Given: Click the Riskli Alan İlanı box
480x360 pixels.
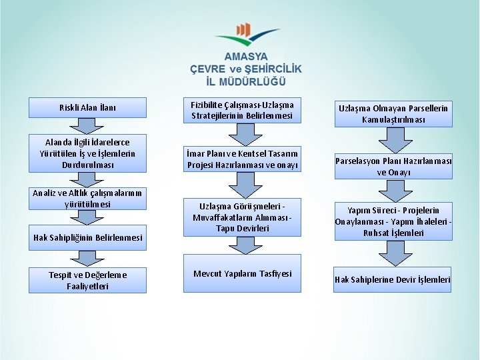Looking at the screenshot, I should pos(88,107).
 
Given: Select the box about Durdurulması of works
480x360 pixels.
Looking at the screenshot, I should pos(88,153).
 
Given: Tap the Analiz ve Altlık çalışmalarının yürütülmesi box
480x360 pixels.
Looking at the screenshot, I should pos(88,199).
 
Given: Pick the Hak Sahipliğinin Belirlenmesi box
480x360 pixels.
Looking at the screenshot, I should pos(88,238).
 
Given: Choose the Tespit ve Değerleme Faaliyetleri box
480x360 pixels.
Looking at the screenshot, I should pos(88,280).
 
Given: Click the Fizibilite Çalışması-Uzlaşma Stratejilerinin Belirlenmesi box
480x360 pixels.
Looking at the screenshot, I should pos(242,110).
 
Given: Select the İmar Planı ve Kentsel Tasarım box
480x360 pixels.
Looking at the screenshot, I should pos(242,159).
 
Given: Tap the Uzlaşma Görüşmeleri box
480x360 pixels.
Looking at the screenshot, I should pos(242,217).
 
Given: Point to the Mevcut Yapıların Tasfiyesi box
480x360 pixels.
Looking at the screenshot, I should pos(242,273).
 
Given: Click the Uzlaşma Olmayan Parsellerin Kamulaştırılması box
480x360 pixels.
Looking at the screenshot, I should pos(393,114).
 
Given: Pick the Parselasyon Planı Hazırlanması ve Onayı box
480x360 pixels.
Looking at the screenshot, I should pos(393,167).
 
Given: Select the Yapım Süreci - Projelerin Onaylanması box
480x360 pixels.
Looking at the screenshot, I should pos(393,221).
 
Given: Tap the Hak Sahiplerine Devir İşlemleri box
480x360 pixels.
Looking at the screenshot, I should pos(393,280).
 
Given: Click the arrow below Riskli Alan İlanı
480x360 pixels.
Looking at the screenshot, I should pos(87,126).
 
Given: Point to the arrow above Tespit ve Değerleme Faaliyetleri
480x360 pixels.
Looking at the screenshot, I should pos(87,258).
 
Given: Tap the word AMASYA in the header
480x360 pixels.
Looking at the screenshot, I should pos(245,57).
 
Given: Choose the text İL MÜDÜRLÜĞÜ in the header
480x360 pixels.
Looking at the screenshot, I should pos(245,81).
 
